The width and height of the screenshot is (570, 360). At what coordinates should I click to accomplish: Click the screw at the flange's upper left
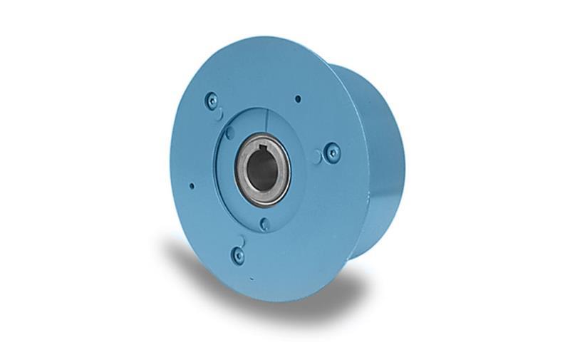pos(211,101)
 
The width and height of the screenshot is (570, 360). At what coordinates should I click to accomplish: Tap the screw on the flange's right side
pos(331,152)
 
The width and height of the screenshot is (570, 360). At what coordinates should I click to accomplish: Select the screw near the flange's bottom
pos(238,254)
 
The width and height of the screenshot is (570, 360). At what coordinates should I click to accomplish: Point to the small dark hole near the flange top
pos(298,98)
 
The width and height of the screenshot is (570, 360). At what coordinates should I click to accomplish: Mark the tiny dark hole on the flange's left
pos(192,186)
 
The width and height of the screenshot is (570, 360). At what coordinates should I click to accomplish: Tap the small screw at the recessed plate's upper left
pos(229,133)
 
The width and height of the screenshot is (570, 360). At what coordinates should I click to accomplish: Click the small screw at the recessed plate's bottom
pos(264,224)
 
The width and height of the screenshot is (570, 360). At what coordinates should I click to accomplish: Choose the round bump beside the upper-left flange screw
pos(221,113)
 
